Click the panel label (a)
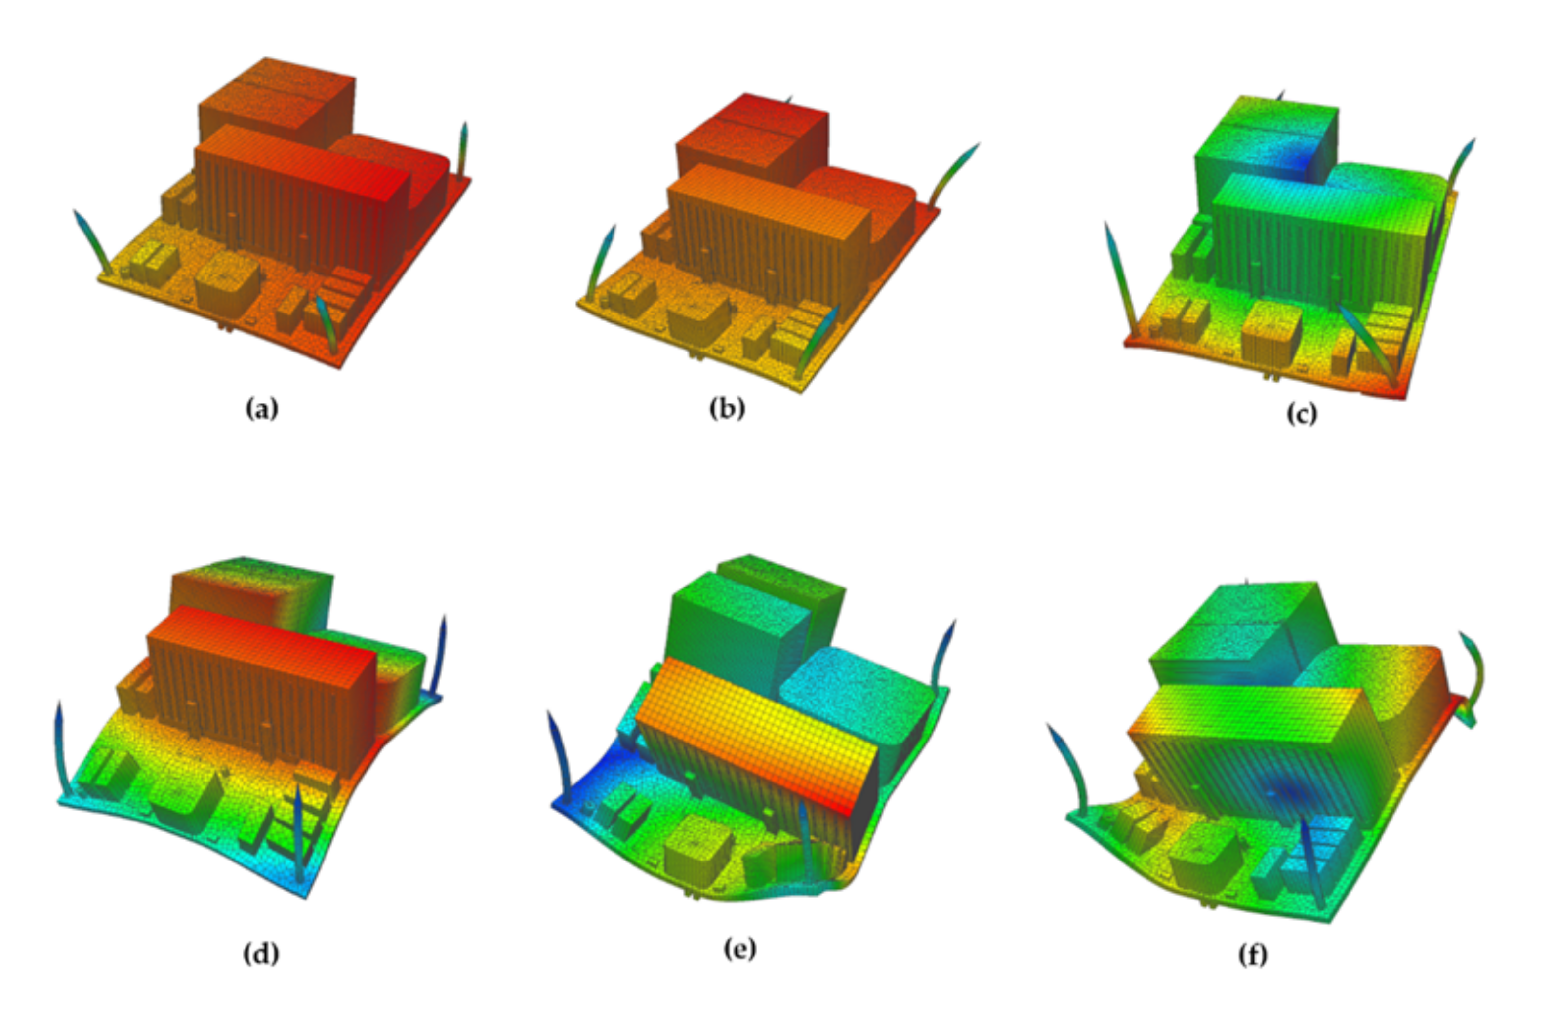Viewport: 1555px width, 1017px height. [x=262, y=410]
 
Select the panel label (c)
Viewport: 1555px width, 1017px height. [x=1302, y=414]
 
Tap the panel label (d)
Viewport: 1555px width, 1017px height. [x=261, y=954]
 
